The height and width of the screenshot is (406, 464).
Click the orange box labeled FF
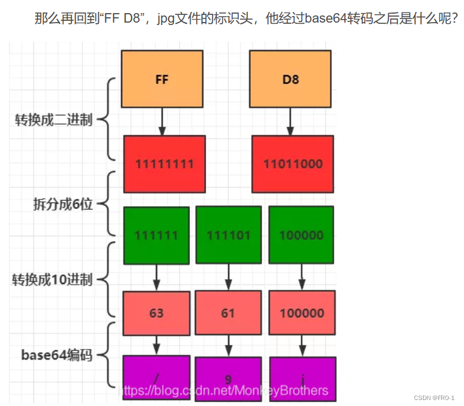click(x=162, y=79)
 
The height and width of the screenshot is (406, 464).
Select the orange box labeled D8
click(x=290, y=79)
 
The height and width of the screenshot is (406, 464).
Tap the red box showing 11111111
click(x=164, y=164)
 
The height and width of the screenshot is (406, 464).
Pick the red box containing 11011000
click(x=292, y=164)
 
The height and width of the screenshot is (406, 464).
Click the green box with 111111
click(x=156, y=235)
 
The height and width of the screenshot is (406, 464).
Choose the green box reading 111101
click(x=228, y=235)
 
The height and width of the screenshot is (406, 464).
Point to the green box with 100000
click(x=301, y=235)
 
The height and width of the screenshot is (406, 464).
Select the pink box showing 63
click(x=157, y=313)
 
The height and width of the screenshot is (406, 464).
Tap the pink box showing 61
click(x=228, y=313)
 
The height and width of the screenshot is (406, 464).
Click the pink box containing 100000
click(x=301, y=313)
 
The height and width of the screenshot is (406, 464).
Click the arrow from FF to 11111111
click(x=162, y=121)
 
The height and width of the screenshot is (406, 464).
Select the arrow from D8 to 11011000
click(x=290, y=121)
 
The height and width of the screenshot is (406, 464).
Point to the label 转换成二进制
click(x=54, y=120)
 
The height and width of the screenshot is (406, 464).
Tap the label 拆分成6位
click(x=62, y=204)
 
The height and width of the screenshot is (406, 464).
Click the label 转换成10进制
click(x=52, y=279)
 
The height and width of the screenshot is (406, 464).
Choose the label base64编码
click(x=57, y=355)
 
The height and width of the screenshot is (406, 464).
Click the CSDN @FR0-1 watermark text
click(x=434, y=398)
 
